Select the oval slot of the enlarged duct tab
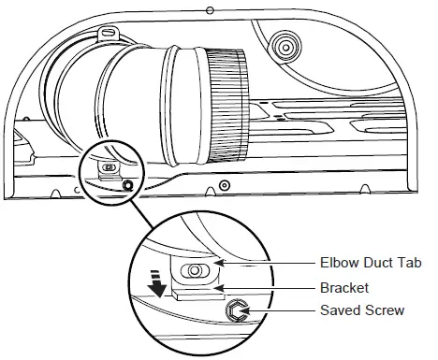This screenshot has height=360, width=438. (197, 270)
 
